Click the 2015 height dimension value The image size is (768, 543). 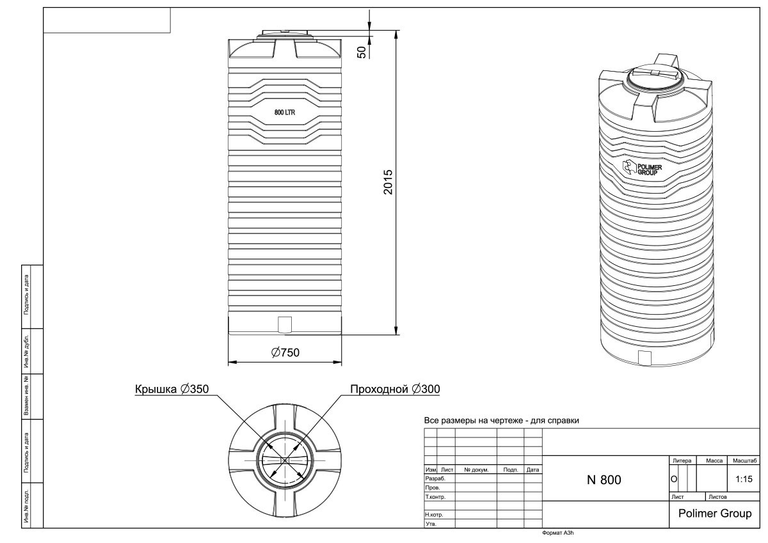point(388,182)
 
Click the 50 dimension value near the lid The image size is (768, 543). point(362,52)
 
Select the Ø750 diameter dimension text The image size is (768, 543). point(285,352)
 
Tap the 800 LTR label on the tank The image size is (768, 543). point(285,113)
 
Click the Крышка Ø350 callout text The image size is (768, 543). point(172,389)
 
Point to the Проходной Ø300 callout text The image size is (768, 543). point(395,389)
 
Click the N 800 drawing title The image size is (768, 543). point(604,480)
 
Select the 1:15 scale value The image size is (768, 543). point(744,479)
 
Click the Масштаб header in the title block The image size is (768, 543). point(744,460)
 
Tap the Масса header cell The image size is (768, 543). point(714,460)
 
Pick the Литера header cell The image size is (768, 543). point(682,460)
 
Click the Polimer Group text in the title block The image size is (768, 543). point(715,513)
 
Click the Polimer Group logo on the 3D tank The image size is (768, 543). point(642,168)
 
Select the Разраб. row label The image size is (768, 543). point(435,478)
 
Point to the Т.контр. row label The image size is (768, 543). point(435,497)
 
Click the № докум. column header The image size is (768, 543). point(476,469)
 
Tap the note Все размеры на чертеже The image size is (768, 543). point(502,420)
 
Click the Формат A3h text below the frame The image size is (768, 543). point(558,533)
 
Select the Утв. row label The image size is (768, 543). point(431,524)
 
